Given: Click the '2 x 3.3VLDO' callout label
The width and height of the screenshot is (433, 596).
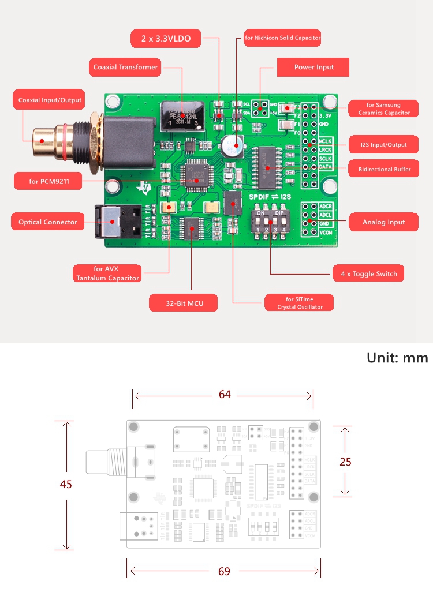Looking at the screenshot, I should tap(166, 39).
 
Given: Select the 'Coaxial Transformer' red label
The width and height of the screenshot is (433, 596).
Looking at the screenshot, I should tap(125, 67).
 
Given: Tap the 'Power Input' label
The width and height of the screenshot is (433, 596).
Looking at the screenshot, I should tap(313, 67).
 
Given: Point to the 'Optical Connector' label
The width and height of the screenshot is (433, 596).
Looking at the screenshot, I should tap(47, 222).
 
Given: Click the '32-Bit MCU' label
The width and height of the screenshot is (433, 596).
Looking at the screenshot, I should tap(184, 303).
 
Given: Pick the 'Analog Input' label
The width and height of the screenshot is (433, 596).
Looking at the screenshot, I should tap(383, 222).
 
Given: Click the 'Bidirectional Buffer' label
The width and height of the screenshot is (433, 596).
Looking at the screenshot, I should tap(383, 170).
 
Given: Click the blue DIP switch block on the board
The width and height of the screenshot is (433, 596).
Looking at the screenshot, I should tap(267, 220).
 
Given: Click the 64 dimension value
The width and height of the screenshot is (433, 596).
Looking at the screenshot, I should tap(225, 395).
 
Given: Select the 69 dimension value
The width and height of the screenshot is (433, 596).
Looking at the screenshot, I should tap(225, 571).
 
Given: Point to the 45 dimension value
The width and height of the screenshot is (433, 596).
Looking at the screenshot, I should tap(66, 484).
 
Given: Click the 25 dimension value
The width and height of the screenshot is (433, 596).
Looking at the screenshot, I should tap(345, 462).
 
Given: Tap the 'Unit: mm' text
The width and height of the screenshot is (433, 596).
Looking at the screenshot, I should tap(397, 358).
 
